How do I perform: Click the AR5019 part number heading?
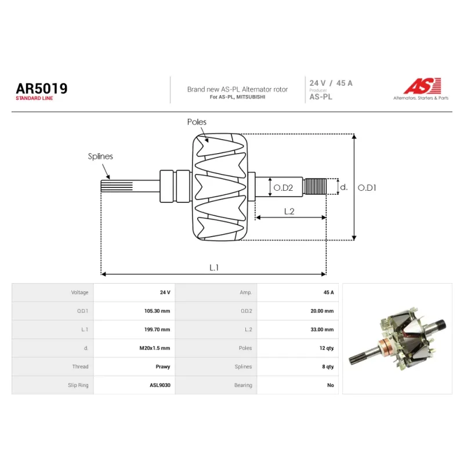(x=42, y=89)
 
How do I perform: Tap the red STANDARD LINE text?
(x=34, y=98)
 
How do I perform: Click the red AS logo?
(x=423, y=86)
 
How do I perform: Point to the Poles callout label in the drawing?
(x=197, y=122)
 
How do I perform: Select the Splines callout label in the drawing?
(x=100, y=156)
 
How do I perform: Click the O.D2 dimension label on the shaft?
(x=283, y=187)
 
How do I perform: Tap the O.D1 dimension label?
(x=367, y=187)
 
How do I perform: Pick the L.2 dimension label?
(x=289, y=211)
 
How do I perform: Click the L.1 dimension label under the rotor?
(x=214, y=267)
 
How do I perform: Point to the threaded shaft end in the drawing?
(x=315, y=186)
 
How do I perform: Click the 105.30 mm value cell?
(x=157, y=311)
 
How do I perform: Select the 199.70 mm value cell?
(x=157, y=329)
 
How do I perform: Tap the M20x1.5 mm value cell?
(x=155, y=348)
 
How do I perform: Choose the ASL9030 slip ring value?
(x=160, y=385)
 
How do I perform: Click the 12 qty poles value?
(x=327, y=348)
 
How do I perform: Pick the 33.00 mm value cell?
(x=322, y=329)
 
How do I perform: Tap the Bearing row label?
(x=243, y=385)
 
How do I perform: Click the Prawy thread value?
(x=163, y=367)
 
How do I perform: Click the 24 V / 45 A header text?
(x=331, y=83)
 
